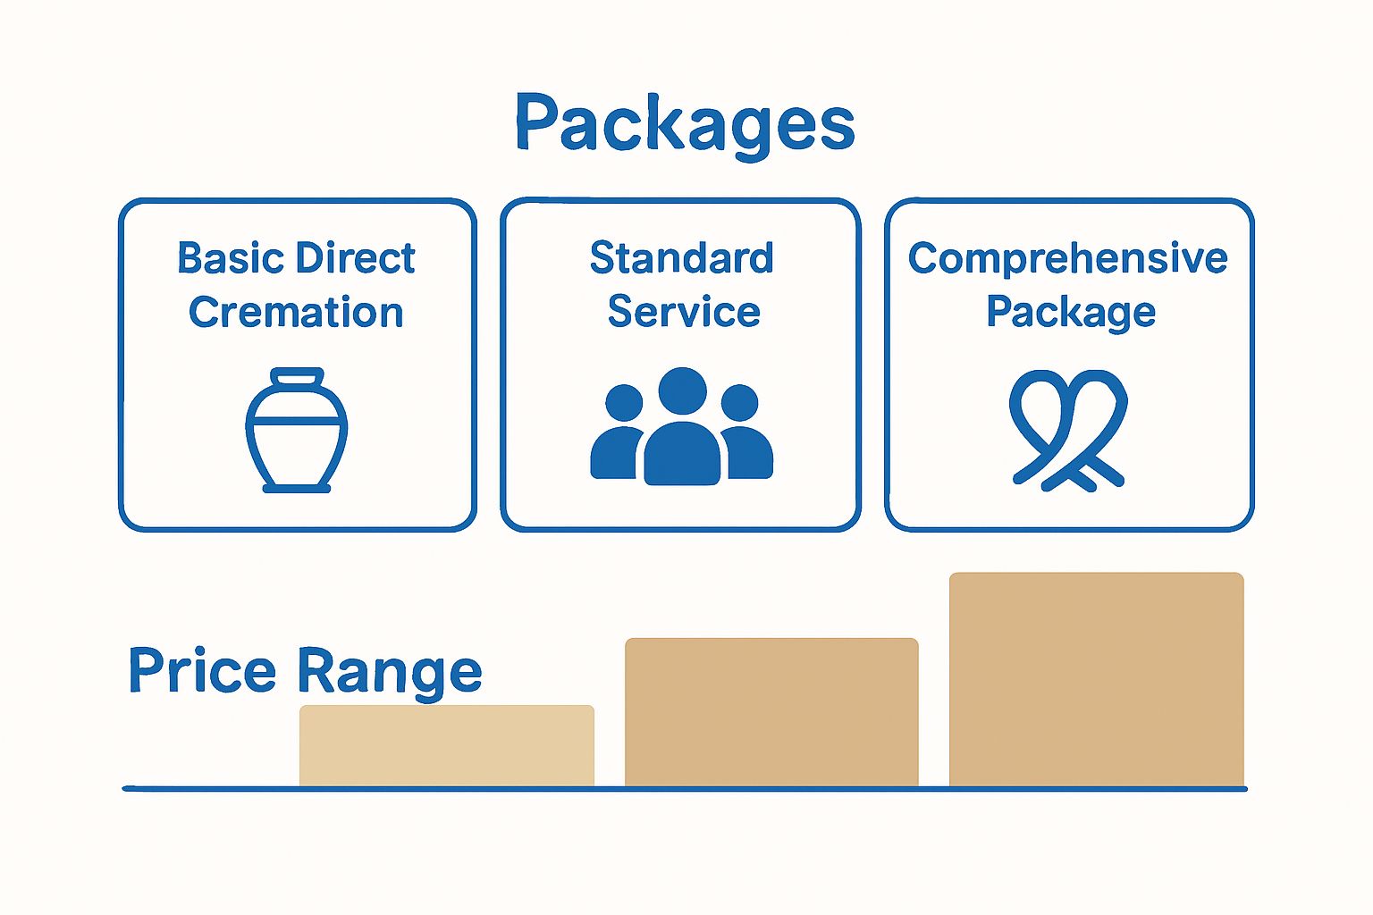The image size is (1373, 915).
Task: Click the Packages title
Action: point(685,123)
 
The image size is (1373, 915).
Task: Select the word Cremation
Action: point(296,313)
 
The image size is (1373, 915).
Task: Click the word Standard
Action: point(681,258)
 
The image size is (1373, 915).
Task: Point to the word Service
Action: point(684,312)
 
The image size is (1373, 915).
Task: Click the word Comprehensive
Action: point(1068,259)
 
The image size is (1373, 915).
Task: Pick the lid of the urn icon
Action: point(297,377)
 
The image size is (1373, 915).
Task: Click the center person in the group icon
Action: point(682,429)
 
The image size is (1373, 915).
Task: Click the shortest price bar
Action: point(447,745)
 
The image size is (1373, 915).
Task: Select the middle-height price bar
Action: point(771,712)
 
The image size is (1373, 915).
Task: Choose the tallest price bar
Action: point(1096,679)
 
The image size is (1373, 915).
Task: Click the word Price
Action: point(203,670)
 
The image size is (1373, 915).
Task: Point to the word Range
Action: point(389,672)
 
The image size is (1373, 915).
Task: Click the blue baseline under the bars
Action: point(685,789)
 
